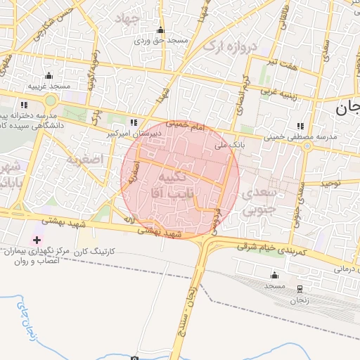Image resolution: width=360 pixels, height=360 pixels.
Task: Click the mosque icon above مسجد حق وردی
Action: [161, 30]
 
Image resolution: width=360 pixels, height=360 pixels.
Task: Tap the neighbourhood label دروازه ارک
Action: [230, 46]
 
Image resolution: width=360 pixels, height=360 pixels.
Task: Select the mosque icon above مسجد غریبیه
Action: [49, 75]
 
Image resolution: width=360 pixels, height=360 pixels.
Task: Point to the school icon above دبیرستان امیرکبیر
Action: [134, 122]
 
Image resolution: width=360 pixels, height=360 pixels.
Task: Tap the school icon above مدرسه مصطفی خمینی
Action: [302, 126]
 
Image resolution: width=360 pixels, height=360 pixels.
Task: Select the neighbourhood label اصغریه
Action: [84, 160]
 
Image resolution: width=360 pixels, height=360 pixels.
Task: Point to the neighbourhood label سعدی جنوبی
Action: [260, 200]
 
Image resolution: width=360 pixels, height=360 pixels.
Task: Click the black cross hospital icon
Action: [37, 240]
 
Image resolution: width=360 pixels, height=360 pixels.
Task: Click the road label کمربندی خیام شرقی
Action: [272, 248]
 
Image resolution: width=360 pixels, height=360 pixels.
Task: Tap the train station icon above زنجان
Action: [300, 289]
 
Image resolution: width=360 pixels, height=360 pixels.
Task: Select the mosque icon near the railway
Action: [274, 275]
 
